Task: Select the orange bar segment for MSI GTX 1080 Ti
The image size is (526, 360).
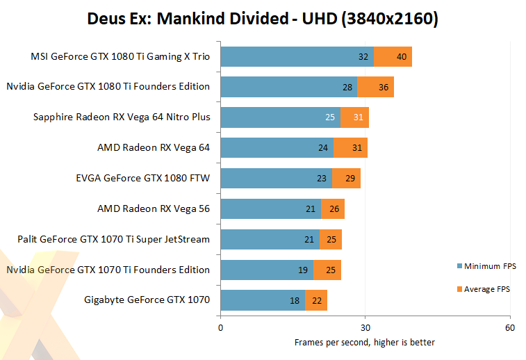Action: [x=393, y=56]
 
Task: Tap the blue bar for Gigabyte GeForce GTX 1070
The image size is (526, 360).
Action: [x=263, y=300]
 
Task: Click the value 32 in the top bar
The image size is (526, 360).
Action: [x=363, y=56]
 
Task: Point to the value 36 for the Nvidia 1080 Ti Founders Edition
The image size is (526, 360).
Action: [x=383, y=87]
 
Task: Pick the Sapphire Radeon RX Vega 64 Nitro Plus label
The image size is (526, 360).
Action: [x=122, y=117]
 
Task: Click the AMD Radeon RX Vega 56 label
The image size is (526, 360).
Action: [x=154, y=208]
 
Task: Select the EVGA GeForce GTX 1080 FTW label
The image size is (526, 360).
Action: [x=142, y=178]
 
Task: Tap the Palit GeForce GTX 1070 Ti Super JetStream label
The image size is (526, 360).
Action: [x=113, y=239]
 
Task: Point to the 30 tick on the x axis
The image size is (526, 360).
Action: [x=365, y=327]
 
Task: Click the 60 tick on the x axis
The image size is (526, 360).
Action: [x=509, y=327]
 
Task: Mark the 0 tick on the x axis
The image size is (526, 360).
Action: [x=220, y=327]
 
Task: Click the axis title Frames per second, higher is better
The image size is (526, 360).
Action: [x=365, y=343]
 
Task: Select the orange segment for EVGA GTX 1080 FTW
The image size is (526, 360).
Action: [x=346, y=178]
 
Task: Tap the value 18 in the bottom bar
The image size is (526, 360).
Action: [x=295, y=300]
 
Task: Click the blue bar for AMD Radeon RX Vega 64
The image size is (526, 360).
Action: [x=277, y=147]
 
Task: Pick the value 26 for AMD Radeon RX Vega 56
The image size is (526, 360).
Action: [x=334, y=208]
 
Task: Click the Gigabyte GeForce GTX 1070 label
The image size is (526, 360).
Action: [x=147, y=300]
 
